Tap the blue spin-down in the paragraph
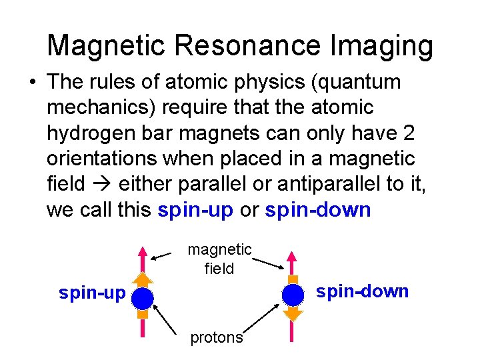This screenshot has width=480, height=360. (317, 211)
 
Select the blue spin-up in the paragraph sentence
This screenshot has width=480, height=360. (195, 211)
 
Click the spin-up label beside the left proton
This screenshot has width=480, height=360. (92, 293)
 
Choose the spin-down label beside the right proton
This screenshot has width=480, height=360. (362, 291)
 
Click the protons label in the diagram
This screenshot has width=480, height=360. (217, 337)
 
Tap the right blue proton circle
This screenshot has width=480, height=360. (292, 294)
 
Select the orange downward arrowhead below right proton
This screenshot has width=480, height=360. (292, 313)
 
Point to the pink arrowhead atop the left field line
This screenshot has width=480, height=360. (142, 253)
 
